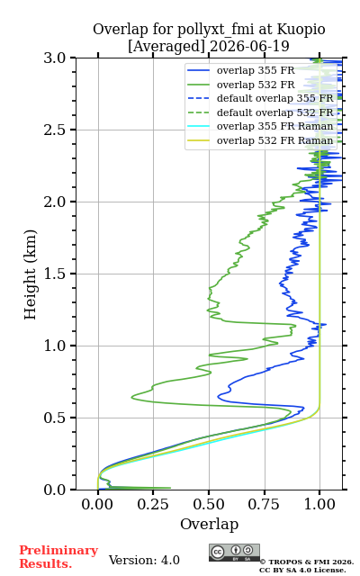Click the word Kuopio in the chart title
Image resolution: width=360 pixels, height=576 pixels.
tap(301, 29)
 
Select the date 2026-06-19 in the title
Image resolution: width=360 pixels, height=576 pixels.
tap(249, 46)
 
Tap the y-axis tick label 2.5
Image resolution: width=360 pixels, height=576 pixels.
tap(55, 130)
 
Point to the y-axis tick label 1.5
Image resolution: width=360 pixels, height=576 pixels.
tap(55, 274)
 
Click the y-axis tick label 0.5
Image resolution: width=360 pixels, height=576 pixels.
tap(55, 418)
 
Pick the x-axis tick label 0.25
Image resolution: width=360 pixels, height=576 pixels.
tap(153, 504)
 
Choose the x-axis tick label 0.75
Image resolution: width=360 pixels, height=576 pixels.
tap(265, 504)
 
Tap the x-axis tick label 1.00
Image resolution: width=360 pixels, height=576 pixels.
tap(319, 504)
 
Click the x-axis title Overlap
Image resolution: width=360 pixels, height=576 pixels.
tap(209, 524)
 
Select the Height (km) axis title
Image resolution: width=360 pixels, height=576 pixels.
tap(30, 274)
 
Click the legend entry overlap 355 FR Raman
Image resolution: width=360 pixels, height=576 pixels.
tap(260, 126)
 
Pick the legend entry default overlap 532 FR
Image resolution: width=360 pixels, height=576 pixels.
tap(260, 112)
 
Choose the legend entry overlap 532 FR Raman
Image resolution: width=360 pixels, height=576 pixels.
tap(260, 140)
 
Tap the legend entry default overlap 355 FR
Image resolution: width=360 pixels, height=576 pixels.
tap(260, 98)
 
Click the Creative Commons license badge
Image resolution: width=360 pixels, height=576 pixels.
tap(234, 553)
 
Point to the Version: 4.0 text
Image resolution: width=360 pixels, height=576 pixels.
tap(144, 560)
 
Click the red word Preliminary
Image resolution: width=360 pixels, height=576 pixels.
tap(58, 550)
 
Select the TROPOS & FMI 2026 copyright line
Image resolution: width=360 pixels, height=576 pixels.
tap(307, 562)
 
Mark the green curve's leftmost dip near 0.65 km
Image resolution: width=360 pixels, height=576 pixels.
tap(132, 397)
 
